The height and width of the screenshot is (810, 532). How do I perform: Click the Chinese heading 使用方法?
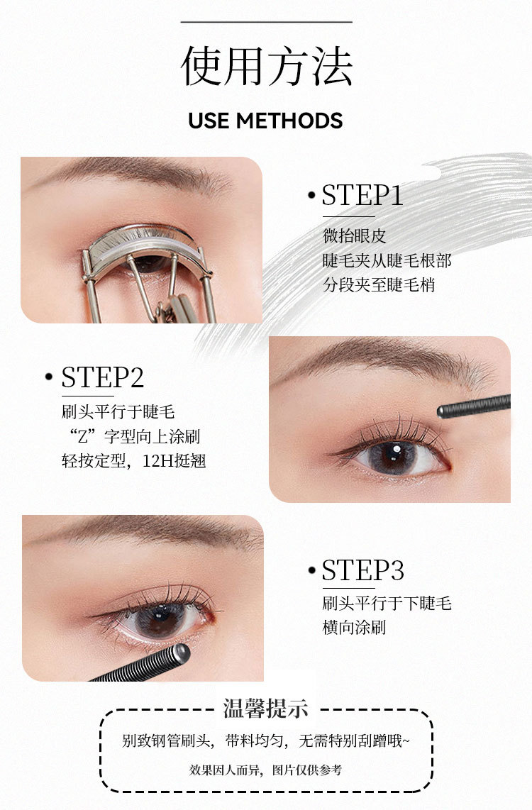pyautogui.click(x=267, y=66)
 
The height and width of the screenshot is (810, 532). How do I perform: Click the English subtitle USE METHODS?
pyautogui.click(x=265, y=121)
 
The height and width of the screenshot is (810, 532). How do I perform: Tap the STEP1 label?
pyautogui.click(x=362, y=195)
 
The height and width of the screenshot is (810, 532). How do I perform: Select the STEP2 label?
pyautogui.click(x=102, y=377)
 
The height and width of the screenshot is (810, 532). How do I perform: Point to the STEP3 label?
pyautogui.click(x=362, y=570)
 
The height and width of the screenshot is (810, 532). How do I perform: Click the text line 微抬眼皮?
pyautogui.click(x=355, y=235)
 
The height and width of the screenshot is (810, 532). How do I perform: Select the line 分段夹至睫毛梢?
pyautogui.click(x=379, y=284)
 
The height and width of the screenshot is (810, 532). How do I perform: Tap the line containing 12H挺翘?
pyautogui.click(x=134, y=460)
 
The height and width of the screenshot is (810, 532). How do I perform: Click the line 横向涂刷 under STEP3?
pyautogui.click(x=355, y=627)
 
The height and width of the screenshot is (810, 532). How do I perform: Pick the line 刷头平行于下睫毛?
pyautogui.click(x=387, y=603)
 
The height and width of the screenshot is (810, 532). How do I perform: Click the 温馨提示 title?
pyautogui.click(x=265, y=709)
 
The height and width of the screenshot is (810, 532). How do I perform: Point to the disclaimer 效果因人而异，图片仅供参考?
pyautogui.click(x=265, y=770)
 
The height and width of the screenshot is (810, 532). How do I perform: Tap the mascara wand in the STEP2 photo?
pyautogui.click(x=474, y=406)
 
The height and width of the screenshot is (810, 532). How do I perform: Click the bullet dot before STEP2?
pyautogui.click(x=49, y=377)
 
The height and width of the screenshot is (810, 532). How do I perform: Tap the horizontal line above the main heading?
pyautogui.click(x=267, y=22)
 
